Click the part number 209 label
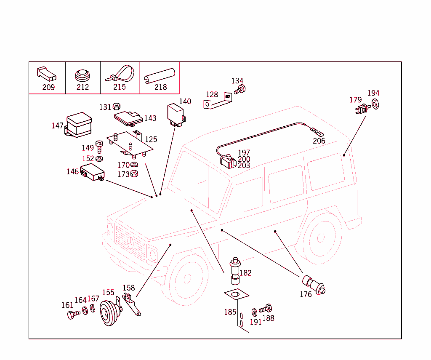(48, 87)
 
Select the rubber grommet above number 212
(82, 76)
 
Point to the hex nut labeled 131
(117, 107)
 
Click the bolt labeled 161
(73, 314)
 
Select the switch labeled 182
(234, 271)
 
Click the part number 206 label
(319, 141)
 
